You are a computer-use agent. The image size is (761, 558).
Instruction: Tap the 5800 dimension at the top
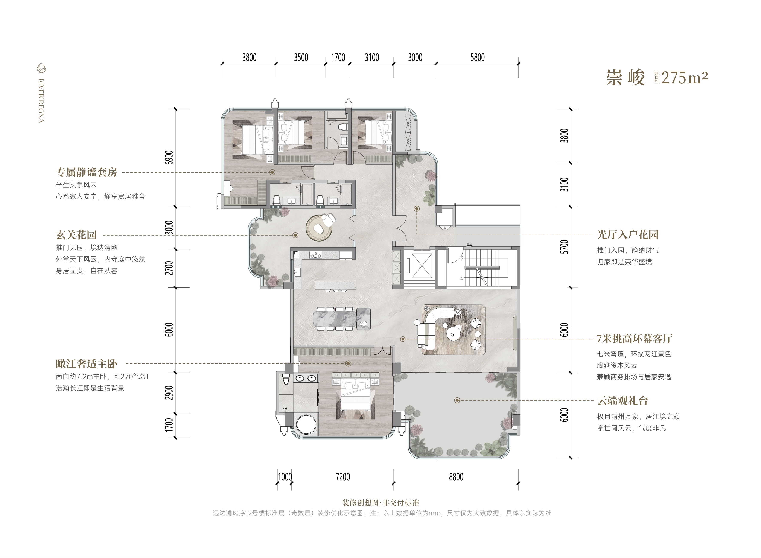click(x=477, y=57)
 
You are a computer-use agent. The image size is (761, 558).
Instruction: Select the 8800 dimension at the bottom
click(x=456, y=477)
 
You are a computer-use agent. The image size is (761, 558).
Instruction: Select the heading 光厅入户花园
click(x=628, y=234)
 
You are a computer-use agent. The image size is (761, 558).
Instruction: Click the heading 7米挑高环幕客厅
click(x=634, y=338)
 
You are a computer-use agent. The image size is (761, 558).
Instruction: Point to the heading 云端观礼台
click(x=622, y=401)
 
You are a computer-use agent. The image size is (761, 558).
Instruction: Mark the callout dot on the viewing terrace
click(x=457, y=400)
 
